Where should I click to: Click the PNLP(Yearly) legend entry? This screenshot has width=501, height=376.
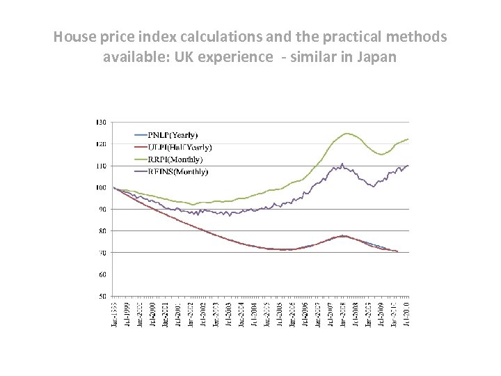(173, 134)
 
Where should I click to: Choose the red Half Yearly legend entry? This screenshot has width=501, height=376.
(180, 147)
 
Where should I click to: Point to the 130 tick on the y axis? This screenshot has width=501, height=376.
(101, 123)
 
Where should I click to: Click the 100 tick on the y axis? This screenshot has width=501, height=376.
(101, 187)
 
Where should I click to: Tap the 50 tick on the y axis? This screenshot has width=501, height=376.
(102, 296)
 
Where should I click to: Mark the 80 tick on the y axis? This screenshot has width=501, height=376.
(102, 230)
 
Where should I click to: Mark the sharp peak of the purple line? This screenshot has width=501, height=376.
(342, 164)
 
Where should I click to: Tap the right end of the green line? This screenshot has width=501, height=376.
(408, 139)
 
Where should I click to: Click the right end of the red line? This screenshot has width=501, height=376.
(397, 251)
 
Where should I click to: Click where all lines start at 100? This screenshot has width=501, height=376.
(113, 188)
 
